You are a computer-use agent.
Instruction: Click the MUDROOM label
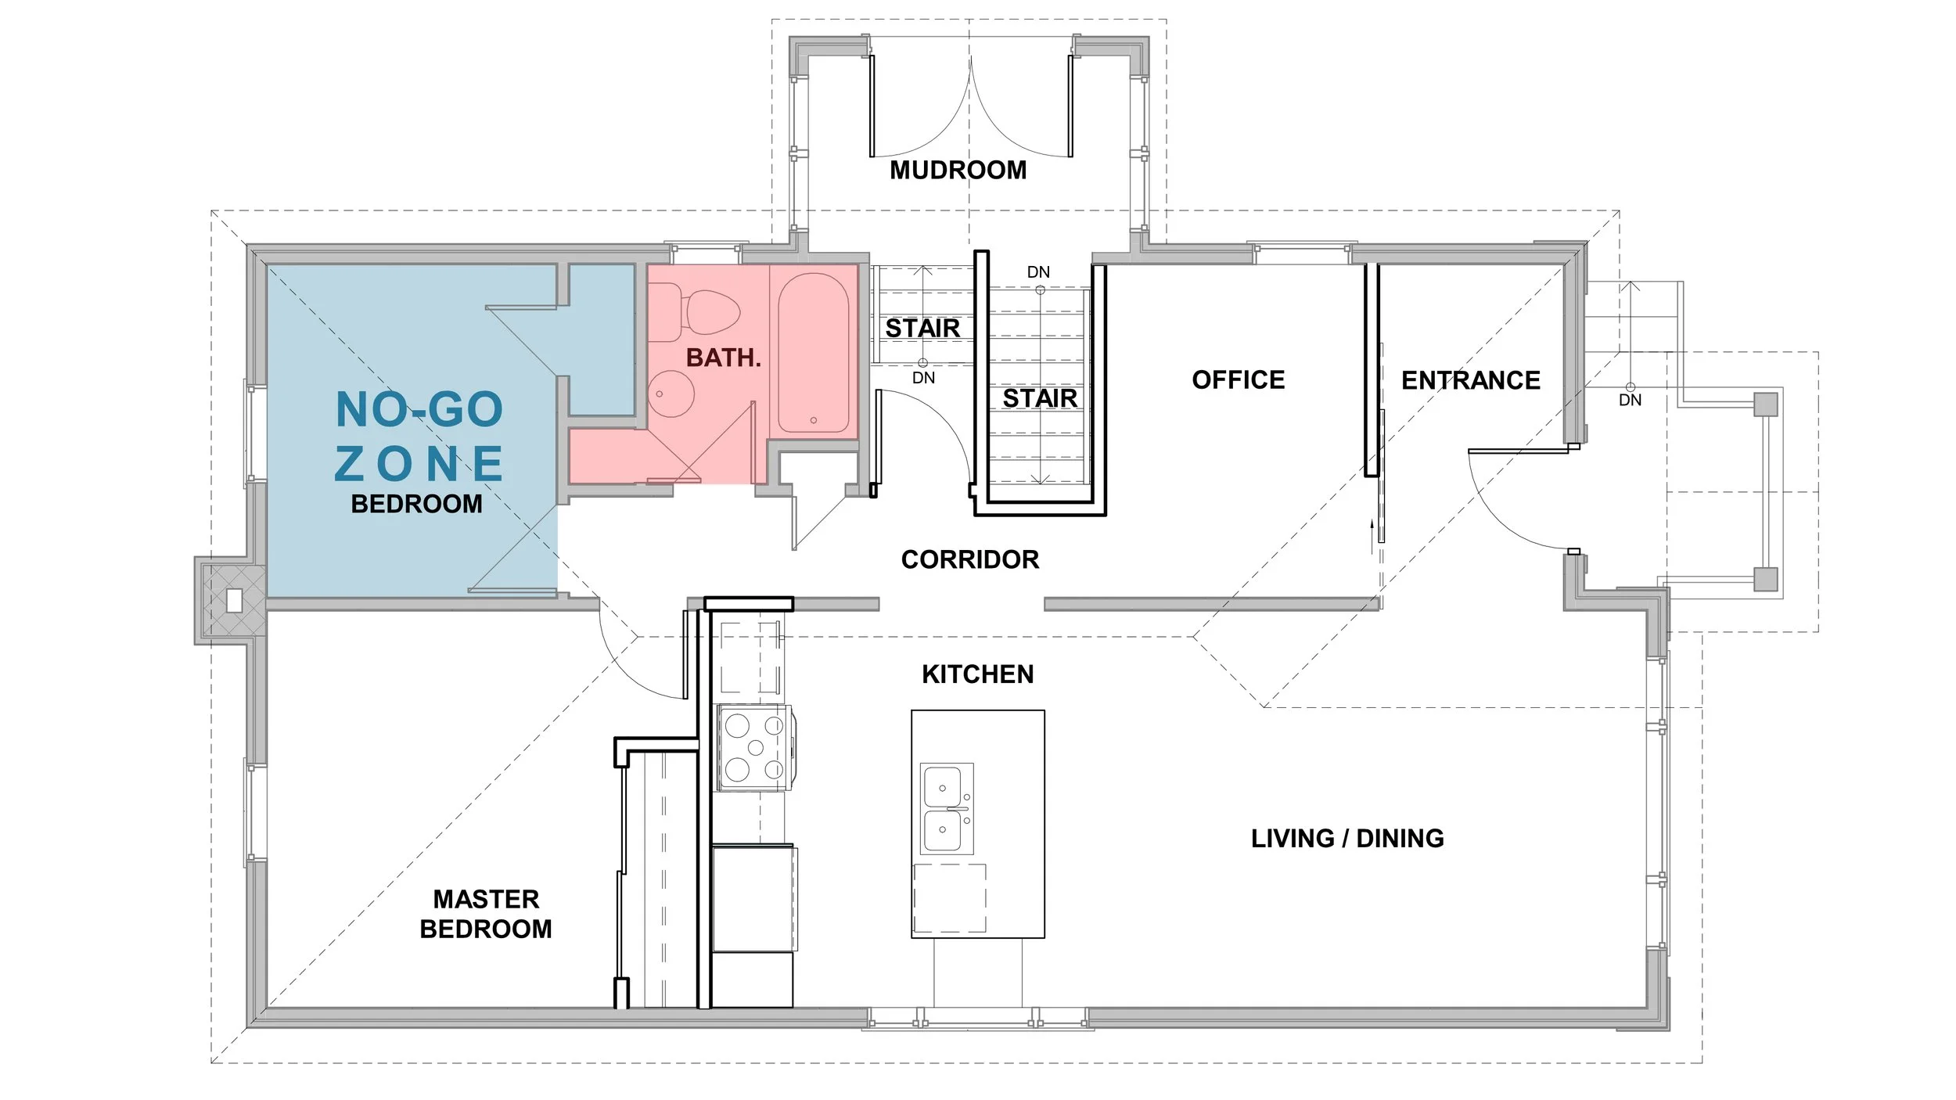[958, 170]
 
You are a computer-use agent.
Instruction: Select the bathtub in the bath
[813, 353]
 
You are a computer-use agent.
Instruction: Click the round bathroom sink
[671, 394]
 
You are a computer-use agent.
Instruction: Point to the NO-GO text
[419, 409]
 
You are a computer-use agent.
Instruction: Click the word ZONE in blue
[419, 463]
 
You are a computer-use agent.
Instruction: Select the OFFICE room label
[1238, 380]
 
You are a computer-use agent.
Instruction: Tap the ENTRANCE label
[1470, 381]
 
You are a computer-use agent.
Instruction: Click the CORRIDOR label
[970, 559]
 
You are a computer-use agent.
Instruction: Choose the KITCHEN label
[977, 674]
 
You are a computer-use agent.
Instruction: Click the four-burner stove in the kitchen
[755, 748]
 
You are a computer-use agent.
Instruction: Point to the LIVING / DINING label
[1347, 839]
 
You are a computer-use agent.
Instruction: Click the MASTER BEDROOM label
[486, 914]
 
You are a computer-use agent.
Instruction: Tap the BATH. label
[724, 358]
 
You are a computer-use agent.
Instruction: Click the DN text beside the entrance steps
[1630, 401]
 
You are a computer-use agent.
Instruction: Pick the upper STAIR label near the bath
[922, 329]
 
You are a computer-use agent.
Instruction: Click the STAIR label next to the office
[1040, 399]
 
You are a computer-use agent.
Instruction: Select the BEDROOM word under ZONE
[417, 504]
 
